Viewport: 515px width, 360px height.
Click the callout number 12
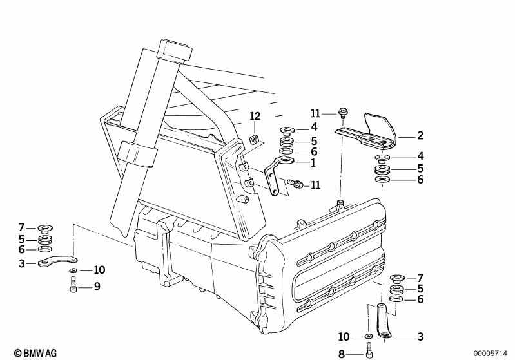coord(255,116)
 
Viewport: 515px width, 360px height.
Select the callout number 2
coord(420,135)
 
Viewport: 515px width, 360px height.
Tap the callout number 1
coord(313,162)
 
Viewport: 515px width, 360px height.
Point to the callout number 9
coord(97,287)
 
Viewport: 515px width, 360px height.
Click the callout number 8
coord(342,354)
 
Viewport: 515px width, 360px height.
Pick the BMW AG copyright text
coord(35,353)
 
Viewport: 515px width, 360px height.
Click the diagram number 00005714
coord(490,354)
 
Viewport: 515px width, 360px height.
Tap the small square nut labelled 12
coord(254,140)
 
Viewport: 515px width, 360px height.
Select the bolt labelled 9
coord(73,285)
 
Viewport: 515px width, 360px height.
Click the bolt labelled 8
coord(369,350)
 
